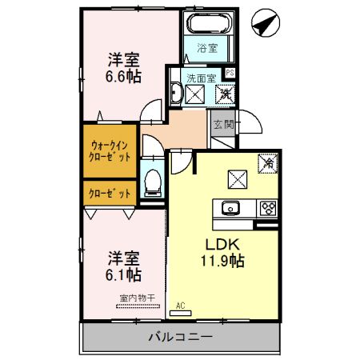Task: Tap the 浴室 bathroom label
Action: [x=207, y=47]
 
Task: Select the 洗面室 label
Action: [x=201, y=78]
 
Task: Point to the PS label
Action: [x=230, y=74]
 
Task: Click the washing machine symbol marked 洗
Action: [x=226, y=94]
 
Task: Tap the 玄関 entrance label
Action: [x=223, y=124]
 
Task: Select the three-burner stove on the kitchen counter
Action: [x=268, y=209]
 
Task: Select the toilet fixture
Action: [x=151, y=181]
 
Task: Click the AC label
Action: [x=180, y=304]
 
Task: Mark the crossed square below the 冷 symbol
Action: [x=238, y=178]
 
